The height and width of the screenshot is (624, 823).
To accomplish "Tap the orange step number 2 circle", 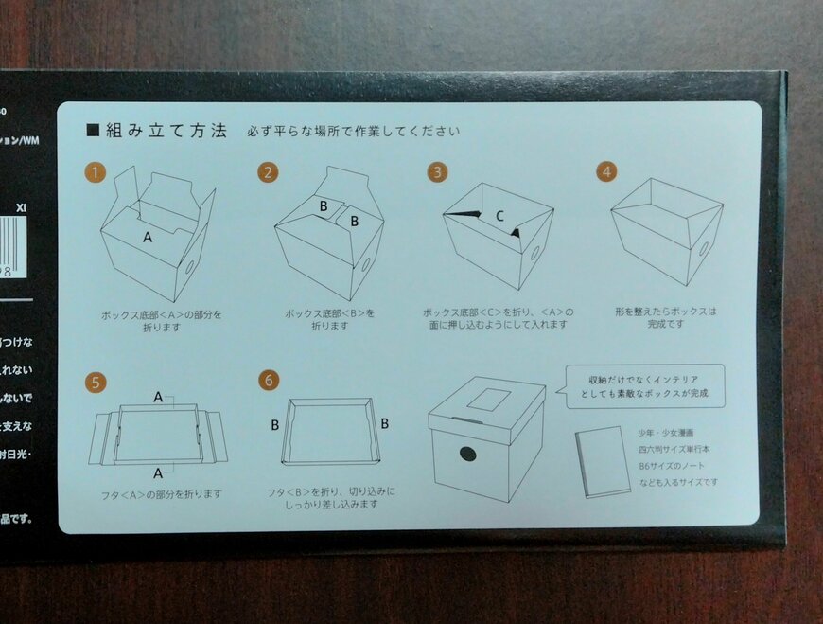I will click(x=270, y=171).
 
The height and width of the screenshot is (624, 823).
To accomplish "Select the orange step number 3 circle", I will click(x=437, y=171).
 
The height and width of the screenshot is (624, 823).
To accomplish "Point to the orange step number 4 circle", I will click(x=606, y=171).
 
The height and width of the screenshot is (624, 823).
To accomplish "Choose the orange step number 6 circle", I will click(x=271, y=381).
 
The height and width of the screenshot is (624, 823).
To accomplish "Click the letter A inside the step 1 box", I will click(x=148, y=238).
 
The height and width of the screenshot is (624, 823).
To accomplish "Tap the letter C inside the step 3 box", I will click(x=499, y=215).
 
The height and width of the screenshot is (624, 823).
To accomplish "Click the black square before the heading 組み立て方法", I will click(x=93, y=131).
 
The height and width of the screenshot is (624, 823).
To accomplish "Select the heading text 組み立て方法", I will click(x=166, y=131).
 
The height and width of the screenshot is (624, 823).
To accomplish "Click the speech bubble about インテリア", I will click(x=645, y=385).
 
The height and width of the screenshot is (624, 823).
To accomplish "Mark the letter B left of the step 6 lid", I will click(x=275, y=425).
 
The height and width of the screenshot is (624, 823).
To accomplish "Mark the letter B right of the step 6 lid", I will click(x=385, y=423).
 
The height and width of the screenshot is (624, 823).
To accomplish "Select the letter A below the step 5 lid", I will click(x=158, y=472).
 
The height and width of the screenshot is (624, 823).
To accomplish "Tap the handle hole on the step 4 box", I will click(x=703, y=249).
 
